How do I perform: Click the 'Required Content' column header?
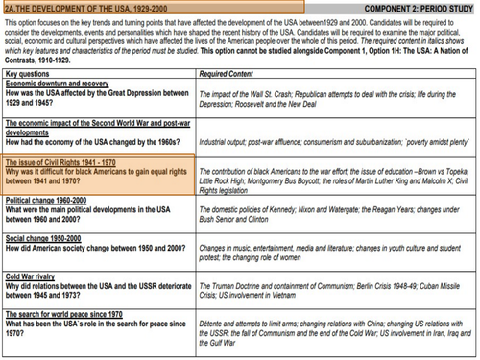pos(227,73)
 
